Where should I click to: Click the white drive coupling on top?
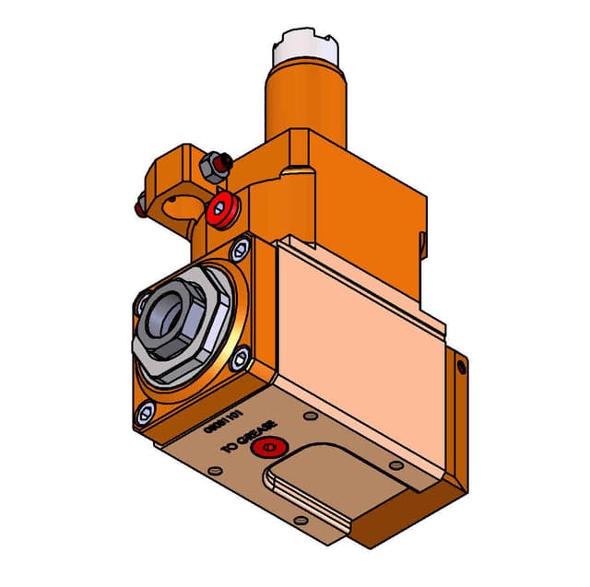[x=303, y=44]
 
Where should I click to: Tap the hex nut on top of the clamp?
[x=214, y=167]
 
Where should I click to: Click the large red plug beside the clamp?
[x=221, y=209]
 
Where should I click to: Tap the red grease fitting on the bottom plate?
[x=268, y=449]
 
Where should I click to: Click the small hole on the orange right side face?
[x=462, y=368]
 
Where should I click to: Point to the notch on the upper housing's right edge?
[x=424, y=243]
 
